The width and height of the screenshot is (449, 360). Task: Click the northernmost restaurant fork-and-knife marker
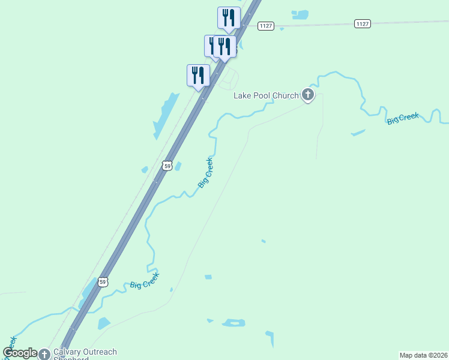tap(229, 17)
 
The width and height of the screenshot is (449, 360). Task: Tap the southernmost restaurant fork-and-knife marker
tap(198, 75)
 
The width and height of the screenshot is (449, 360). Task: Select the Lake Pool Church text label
tap(266, 95)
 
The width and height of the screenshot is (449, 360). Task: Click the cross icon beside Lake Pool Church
tap(308, 94)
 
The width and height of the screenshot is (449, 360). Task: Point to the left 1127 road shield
tap(266, 25)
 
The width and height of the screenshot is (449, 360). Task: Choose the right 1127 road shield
tap(362, 23)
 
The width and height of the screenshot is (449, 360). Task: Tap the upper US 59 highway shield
tap(167, 164)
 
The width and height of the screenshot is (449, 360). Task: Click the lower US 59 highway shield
tap(103, 281)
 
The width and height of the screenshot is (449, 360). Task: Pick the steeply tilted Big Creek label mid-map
tap(205, 173)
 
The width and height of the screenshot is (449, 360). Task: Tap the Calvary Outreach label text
tap(85, 352)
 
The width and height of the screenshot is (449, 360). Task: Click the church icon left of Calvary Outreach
tap(44, 355)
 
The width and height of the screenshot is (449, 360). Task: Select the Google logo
tap(20, 353)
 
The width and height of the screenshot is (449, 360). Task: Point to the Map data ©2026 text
tap(423, 355)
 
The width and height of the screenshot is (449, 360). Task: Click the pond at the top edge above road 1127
tap(300, 14)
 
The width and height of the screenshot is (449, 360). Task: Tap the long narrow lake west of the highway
tap(166, 115)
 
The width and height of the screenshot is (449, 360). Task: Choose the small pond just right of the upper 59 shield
tap(178, 166)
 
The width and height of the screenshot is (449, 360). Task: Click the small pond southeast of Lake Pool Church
tap(358, 132)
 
